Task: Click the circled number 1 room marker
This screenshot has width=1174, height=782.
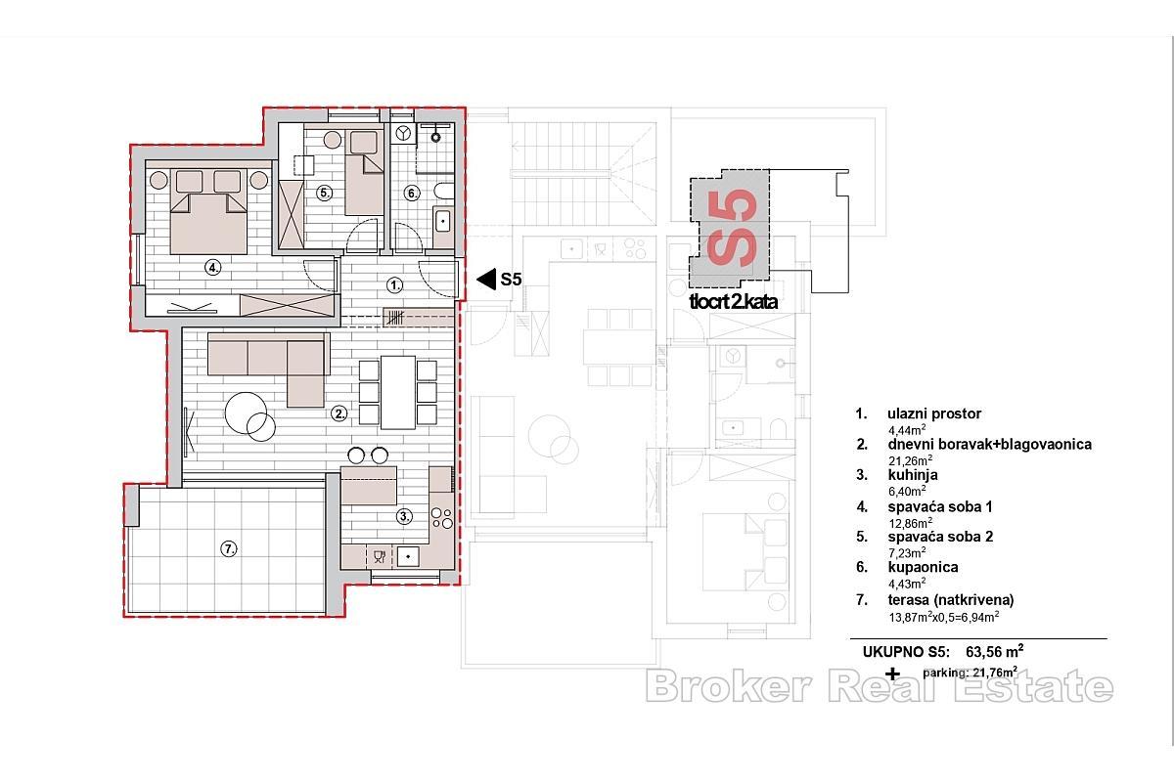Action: [394, 285]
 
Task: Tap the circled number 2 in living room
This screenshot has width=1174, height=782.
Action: [339, 413]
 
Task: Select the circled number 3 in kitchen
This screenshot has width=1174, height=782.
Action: [403, 516]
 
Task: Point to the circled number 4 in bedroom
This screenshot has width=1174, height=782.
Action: [211, 267]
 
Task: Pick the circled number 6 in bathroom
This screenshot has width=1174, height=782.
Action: [413, 194]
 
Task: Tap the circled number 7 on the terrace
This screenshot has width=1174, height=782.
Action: [228, 549]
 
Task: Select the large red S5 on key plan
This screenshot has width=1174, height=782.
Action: [732, 229]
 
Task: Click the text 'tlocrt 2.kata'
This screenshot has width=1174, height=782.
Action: [733, 302]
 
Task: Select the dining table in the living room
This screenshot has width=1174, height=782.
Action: [398, 392]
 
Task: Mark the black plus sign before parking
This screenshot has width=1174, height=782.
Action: [891, 673]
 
